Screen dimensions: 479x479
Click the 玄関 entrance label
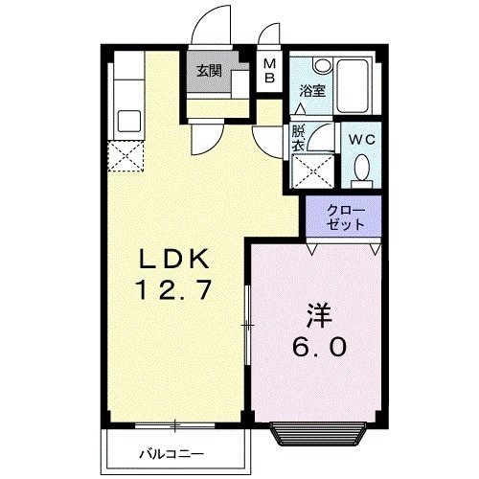pos(210,70)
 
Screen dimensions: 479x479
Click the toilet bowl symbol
pos(362,171)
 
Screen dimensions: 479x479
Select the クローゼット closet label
pos(345,217)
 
